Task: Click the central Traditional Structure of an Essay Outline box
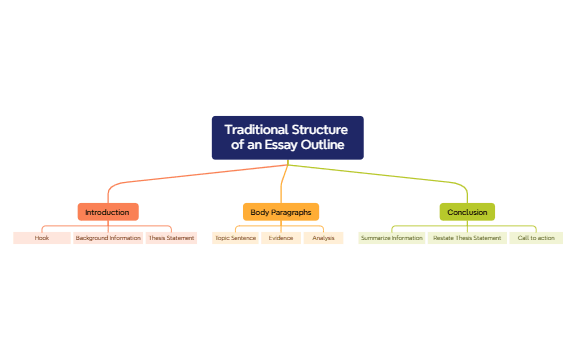point(287,137)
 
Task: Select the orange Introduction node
point(108,212)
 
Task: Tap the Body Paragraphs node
point(281,212)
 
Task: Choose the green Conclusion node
point(467,212)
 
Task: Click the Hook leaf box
point(42,238)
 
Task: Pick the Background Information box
point(108,238)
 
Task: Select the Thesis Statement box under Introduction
point(171,238)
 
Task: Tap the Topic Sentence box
point(236,238)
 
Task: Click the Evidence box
point(281,238)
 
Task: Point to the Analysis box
point(323,238)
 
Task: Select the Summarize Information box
point(392,238)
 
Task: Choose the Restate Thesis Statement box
point(467,238)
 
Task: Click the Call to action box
point(536,238)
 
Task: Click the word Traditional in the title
point(255,130)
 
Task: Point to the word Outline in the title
point(322,145)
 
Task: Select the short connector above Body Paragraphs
point(283,185)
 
